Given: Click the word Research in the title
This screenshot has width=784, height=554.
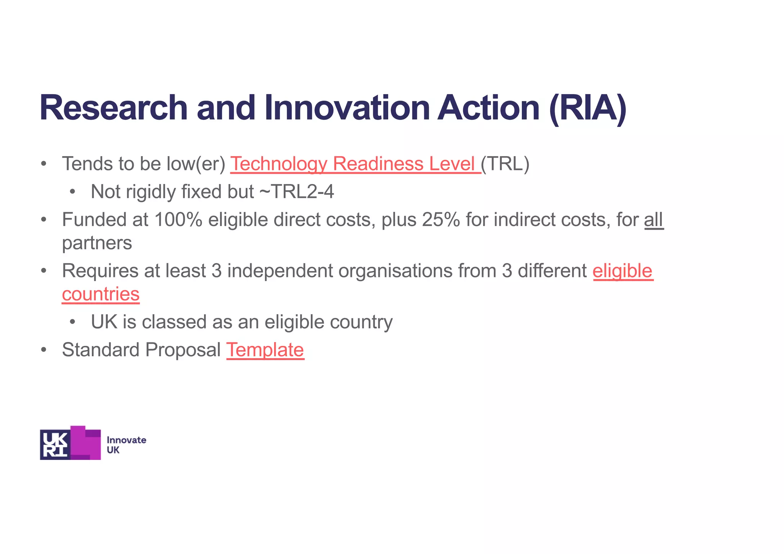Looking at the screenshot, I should tap(113, 108).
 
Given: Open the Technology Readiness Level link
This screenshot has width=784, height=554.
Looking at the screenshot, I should tap(355, 164).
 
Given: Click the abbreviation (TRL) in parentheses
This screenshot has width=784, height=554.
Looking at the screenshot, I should tap(505, 164).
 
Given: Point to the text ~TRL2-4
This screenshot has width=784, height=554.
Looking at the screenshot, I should tap(297, 192).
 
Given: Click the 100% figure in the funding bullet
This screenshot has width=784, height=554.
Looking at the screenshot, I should tap(178, 220).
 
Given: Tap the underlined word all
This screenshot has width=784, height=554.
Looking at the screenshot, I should tap(653, 220).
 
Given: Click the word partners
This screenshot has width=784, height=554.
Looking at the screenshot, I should tap(97, 243).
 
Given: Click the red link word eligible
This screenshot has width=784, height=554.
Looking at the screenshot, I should tap(622, 271).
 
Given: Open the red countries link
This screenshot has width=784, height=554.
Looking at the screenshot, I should tap(101, 294).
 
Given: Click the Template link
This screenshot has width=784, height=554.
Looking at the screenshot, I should tap(265, 350).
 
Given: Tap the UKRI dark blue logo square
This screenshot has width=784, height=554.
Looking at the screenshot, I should tap(55, 444).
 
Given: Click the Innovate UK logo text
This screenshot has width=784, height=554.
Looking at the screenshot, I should tap(126, 445).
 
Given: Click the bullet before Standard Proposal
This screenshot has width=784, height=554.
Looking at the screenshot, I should tap(44, 350).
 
